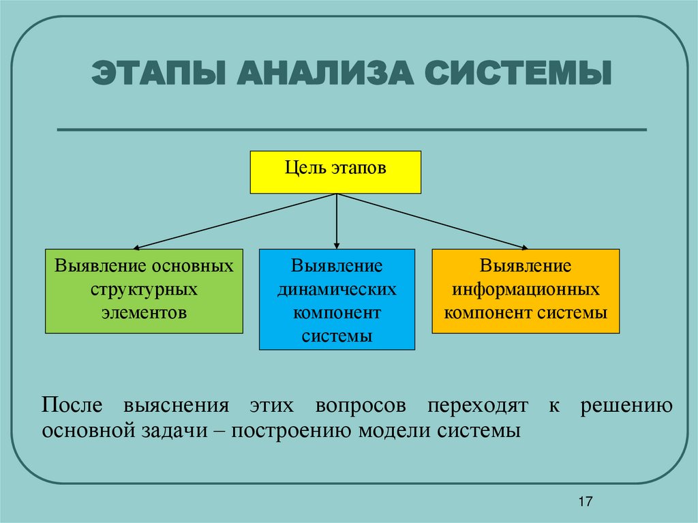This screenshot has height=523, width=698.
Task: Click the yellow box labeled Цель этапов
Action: [x=335, y=172]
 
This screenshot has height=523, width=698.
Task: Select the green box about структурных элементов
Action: [x=144, y=291]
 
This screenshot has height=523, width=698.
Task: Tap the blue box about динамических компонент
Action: [x=337, y=299]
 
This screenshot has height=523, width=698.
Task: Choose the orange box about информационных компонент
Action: [x=526, y=291]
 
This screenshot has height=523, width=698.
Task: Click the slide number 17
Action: [x=585, y=503]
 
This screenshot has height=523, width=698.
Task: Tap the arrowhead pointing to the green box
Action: [x=136, y=248]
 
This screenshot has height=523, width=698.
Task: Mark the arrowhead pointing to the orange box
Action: [x=525, y=248]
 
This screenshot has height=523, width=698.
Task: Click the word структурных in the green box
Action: [x=144, y=290]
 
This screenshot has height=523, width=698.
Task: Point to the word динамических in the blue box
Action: [x=337, y=290]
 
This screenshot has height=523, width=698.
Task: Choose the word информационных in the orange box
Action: [x=526, y=290]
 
